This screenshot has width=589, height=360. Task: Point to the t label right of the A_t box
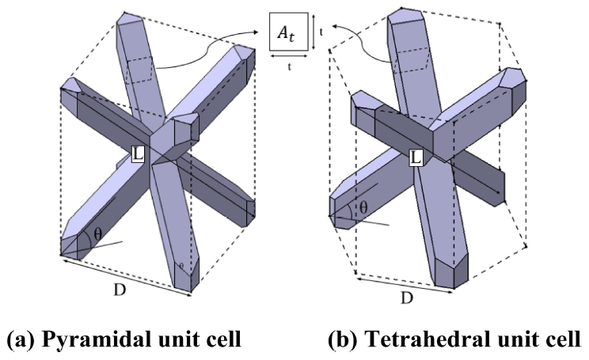click(x=323, y=32)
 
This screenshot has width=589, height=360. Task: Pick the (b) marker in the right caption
click(x=343, y=342)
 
